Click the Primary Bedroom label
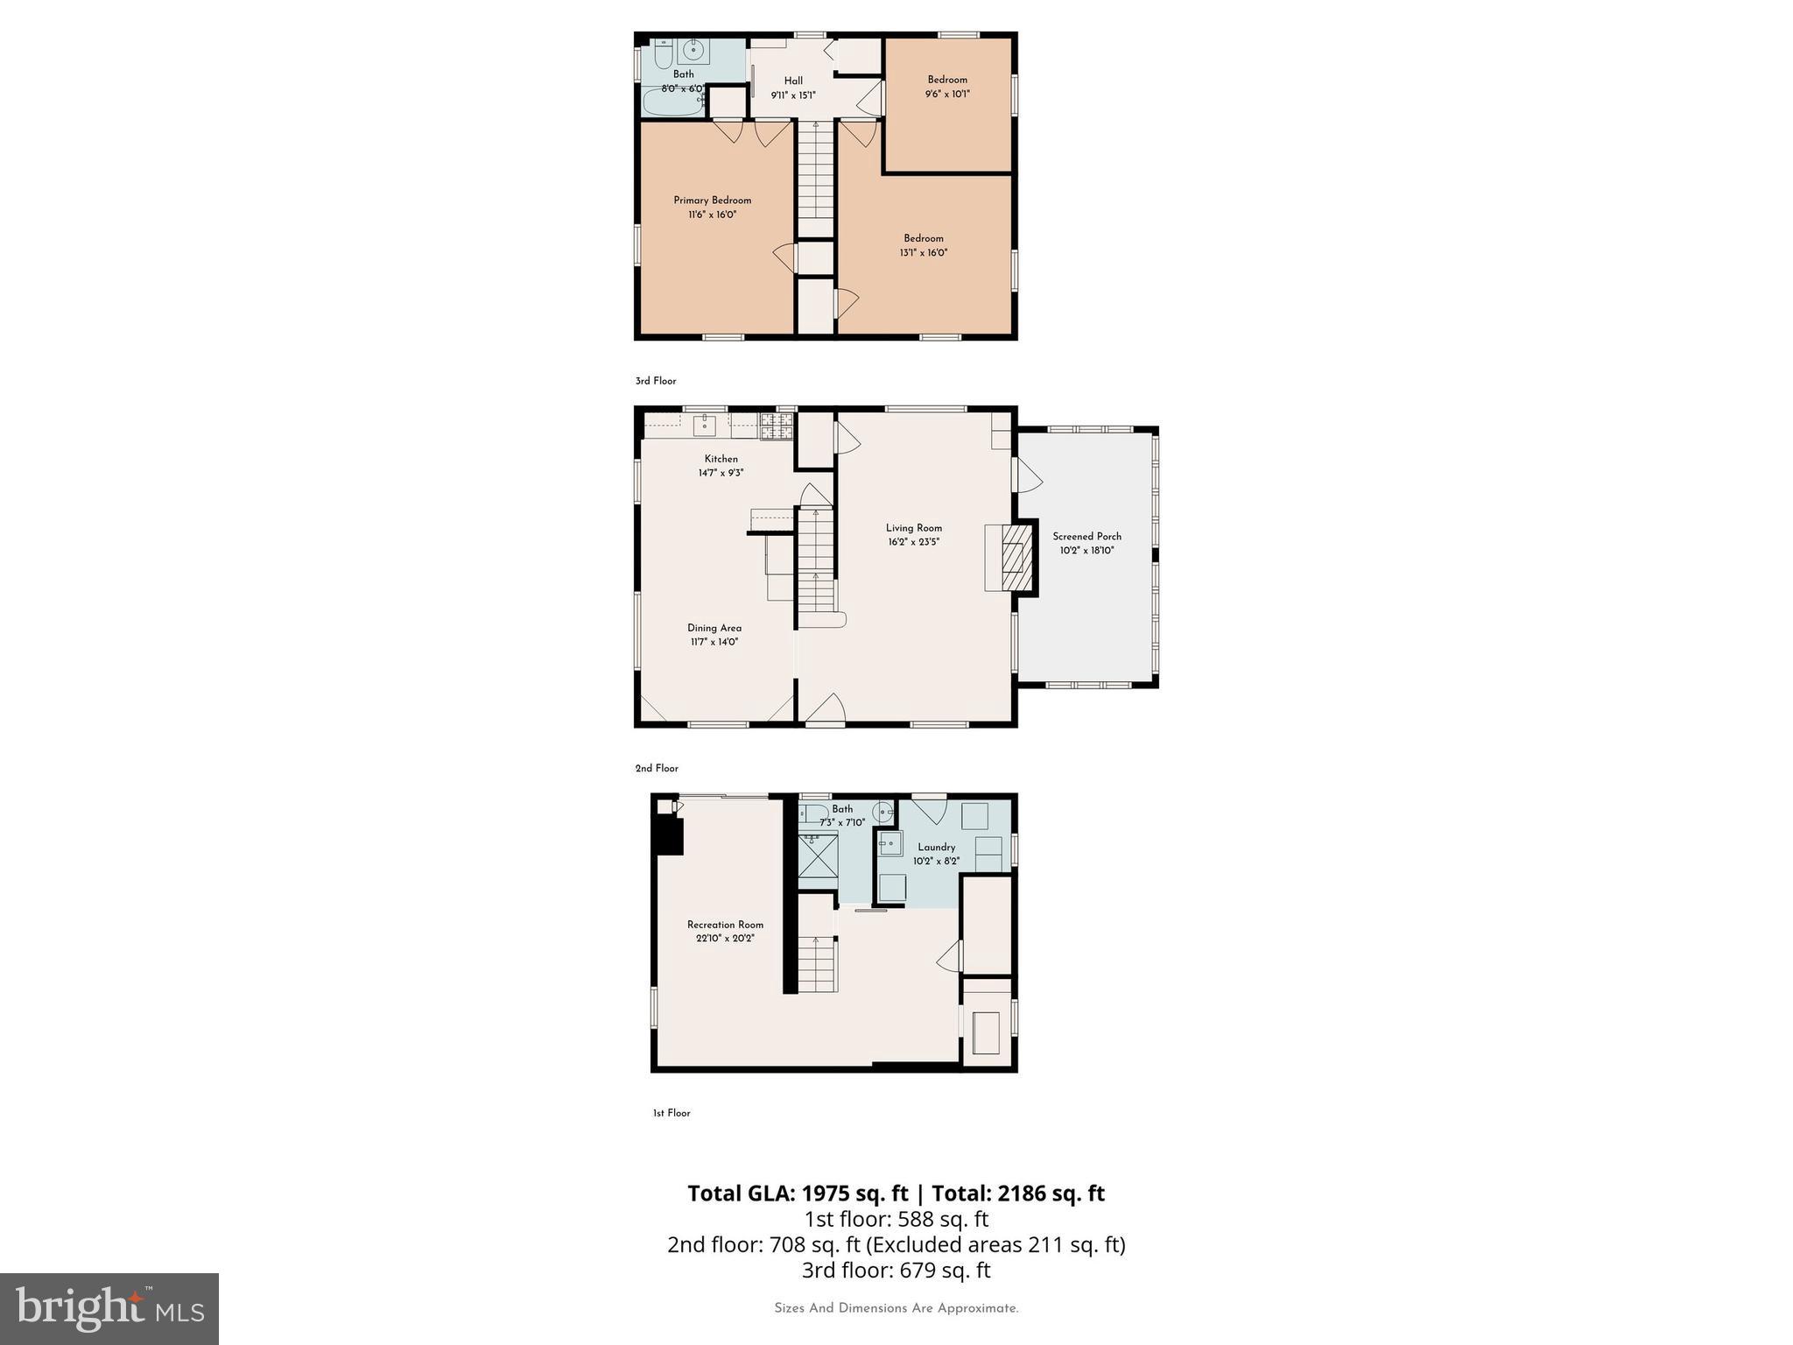(712, 201)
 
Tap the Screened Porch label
(1086, 537)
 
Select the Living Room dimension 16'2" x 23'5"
(914, 542)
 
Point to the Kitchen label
(721, 459)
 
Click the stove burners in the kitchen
(777, 426)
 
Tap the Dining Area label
(714, 628)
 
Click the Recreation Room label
(725, 925)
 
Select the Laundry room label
(936, 847)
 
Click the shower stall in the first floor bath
(818, 856)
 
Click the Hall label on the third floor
(793, 81)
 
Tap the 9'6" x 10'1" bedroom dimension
(947, 94)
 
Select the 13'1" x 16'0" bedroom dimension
(924, 253)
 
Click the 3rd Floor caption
(656, 381)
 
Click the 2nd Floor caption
(657, 768)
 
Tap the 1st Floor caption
(671, 1113)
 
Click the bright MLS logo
(109, 1308)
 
